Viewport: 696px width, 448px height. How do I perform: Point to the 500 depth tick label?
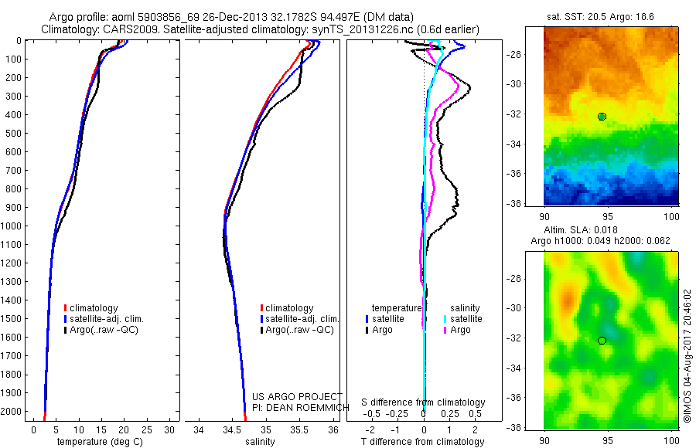point(13,134)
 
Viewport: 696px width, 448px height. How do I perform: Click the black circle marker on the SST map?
point(602,117)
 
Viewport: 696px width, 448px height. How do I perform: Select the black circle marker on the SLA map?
point(602,340)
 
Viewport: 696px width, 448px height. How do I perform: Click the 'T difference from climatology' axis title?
point(424,443)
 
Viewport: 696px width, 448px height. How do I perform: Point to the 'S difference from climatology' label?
point(424,402)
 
